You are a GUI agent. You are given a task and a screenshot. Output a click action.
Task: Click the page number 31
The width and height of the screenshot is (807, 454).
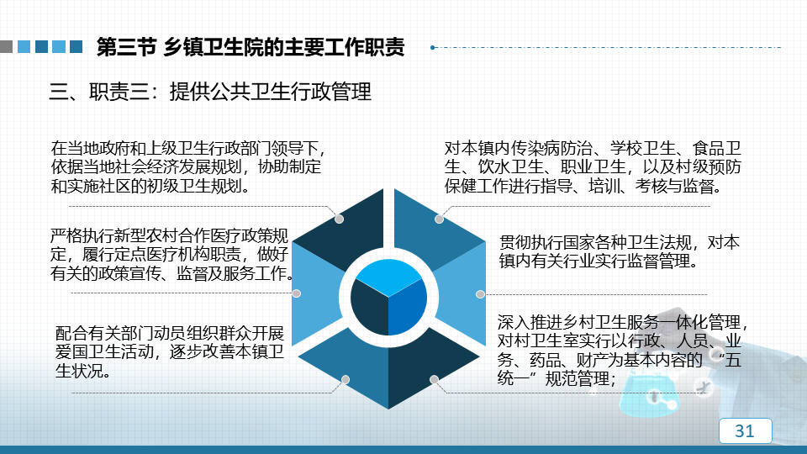point(744,430)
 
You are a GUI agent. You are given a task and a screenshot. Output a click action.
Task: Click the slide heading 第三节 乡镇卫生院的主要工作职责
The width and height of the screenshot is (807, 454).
point(251,47)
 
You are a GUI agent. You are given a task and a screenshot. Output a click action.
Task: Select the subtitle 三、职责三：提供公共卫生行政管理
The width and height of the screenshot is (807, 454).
point(210,92)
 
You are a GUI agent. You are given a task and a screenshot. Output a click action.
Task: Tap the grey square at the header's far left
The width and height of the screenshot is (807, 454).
point(6,47)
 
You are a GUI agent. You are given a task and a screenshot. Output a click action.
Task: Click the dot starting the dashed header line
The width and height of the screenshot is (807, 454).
point(433,47)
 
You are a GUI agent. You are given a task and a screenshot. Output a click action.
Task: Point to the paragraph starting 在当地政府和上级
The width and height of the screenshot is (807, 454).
point(188,166)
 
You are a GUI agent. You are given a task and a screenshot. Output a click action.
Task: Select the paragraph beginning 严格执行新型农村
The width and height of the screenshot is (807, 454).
point(171,254)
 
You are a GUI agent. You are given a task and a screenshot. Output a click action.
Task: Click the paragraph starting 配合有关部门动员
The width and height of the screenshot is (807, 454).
point(169,351)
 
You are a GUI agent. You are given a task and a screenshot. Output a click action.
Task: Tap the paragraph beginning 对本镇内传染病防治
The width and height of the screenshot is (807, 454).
point(593,166)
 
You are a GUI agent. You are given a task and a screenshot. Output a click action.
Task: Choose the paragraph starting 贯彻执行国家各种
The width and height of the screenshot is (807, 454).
point(620,251)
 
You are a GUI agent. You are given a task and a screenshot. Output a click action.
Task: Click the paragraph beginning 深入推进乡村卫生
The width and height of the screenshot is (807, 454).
point(622,350)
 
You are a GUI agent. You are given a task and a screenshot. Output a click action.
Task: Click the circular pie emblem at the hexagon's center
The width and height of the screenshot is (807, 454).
point(388,298)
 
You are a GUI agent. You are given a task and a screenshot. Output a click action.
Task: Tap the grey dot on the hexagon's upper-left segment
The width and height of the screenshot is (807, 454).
point(339,219)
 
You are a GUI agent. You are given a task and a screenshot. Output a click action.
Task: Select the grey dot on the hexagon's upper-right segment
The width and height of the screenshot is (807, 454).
point(439,219)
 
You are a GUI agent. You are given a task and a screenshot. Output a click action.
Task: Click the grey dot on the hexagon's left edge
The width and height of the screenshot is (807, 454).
point(297,293)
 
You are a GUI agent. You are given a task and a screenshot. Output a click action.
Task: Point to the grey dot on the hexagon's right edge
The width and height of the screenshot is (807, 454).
point(480,294)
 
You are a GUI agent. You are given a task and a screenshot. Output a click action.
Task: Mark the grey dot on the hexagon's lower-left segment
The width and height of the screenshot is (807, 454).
point(345,379)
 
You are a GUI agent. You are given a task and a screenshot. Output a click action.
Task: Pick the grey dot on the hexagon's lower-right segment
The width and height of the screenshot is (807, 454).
point(435,379)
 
